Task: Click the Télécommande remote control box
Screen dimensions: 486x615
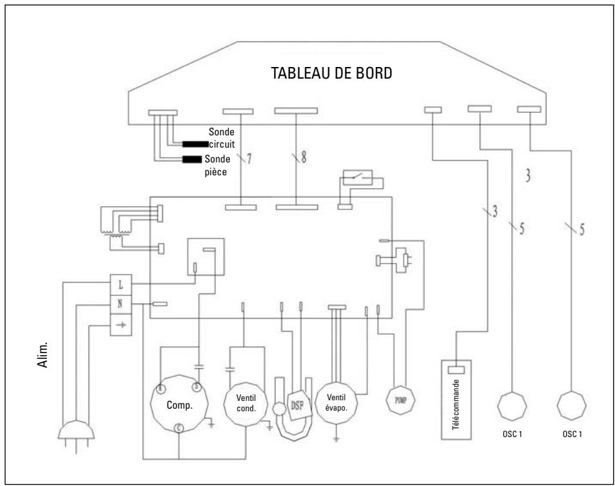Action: (456, 400)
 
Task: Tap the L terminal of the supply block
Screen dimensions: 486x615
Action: (121, 283)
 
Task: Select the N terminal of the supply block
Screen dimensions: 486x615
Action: (121, 304)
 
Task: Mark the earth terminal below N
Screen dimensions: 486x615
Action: (121, 324)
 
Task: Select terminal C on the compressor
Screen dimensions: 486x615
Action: (177, 427)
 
